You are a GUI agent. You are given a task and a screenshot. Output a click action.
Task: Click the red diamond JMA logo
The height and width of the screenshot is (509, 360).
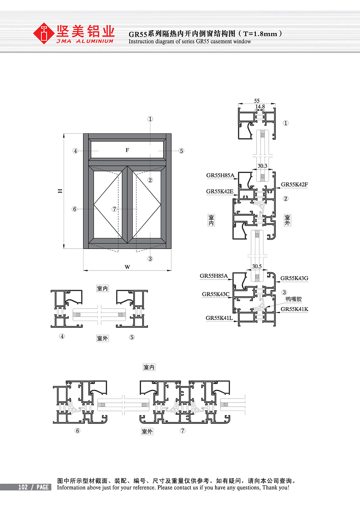tap(44, 34)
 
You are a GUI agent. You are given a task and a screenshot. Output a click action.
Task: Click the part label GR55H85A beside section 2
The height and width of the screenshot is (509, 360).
tap(220, 175)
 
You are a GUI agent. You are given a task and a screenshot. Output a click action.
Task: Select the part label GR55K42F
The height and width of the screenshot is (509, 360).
tap(294, 184)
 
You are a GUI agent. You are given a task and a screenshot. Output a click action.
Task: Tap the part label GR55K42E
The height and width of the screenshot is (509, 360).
tap(220, 191)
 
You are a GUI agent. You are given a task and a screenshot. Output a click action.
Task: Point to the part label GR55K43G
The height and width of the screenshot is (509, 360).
tap(294, 278)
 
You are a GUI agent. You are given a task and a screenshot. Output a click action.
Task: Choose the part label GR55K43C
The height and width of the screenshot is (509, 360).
tap(216, 294)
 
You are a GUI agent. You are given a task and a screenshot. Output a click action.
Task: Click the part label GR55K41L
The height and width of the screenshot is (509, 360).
tap(219, 318)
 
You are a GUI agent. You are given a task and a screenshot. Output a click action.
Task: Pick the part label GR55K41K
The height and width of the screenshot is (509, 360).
tap(294, 309)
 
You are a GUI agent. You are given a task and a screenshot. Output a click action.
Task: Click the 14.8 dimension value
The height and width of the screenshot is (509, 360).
tap(260, 106)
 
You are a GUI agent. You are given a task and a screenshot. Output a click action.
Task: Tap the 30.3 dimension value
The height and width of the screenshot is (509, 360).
tap(262, 166)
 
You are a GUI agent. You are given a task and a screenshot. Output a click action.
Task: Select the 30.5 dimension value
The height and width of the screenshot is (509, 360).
tap(257, 266)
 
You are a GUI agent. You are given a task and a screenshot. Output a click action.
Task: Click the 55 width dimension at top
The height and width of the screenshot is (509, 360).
tap(257, 101)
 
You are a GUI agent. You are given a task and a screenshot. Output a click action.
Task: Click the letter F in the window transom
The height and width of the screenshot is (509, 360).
tap(127, 150)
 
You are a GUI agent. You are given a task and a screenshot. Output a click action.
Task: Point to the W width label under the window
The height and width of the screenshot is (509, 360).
tap(127, 267)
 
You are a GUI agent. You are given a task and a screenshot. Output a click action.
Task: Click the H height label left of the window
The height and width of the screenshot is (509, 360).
tap(60, 191)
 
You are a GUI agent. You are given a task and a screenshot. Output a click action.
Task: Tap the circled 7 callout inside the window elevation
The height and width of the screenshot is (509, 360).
tap(114, 209)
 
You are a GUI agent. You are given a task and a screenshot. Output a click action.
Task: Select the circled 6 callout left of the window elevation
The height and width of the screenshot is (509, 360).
tap(75, 209)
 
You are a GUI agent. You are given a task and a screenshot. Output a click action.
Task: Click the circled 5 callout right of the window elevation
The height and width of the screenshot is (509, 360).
tap(181, 151)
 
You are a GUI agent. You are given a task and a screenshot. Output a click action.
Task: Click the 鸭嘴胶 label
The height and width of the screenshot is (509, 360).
tap(294, 299)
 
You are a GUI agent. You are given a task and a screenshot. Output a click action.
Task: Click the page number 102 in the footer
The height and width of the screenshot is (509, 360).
tap(23, 487)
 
